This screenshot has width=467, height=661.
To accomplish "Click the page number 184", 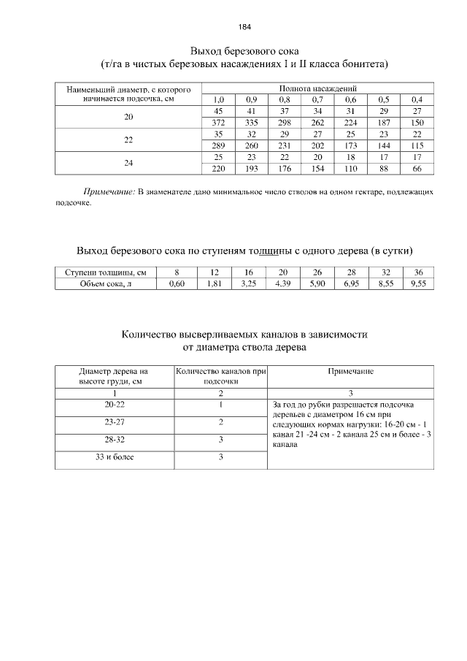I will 244,27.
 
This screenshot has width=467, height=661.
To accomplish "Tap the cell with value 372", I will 217,122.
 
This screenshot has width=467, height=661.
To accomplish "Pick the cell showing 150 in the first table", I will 417,122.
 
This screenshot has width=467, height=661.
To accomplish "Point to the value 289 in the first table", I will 217,145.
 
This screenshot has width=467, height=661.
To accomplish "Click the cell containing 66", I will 417,169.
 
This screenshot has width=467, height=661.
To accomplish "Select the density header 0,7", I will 317,99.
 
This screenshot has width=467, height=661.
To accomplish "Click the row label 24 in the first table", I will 128,163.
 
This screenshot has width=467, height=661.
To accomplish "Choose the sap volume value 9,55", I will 417,284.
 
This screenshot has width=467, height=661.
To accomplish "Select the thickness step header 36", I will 417,272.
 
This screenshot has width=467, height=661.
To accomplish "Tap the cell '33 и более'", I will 115,457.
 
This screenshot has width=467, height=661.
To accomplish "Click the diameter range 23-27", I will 115,421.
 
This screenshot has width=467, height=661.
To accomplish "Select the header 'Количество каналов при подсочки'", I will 220,376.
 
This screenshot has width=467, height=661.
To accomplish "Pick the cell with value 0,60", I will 177,284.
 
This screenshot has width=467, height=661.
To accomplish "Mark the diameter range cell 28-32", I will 115,440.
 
